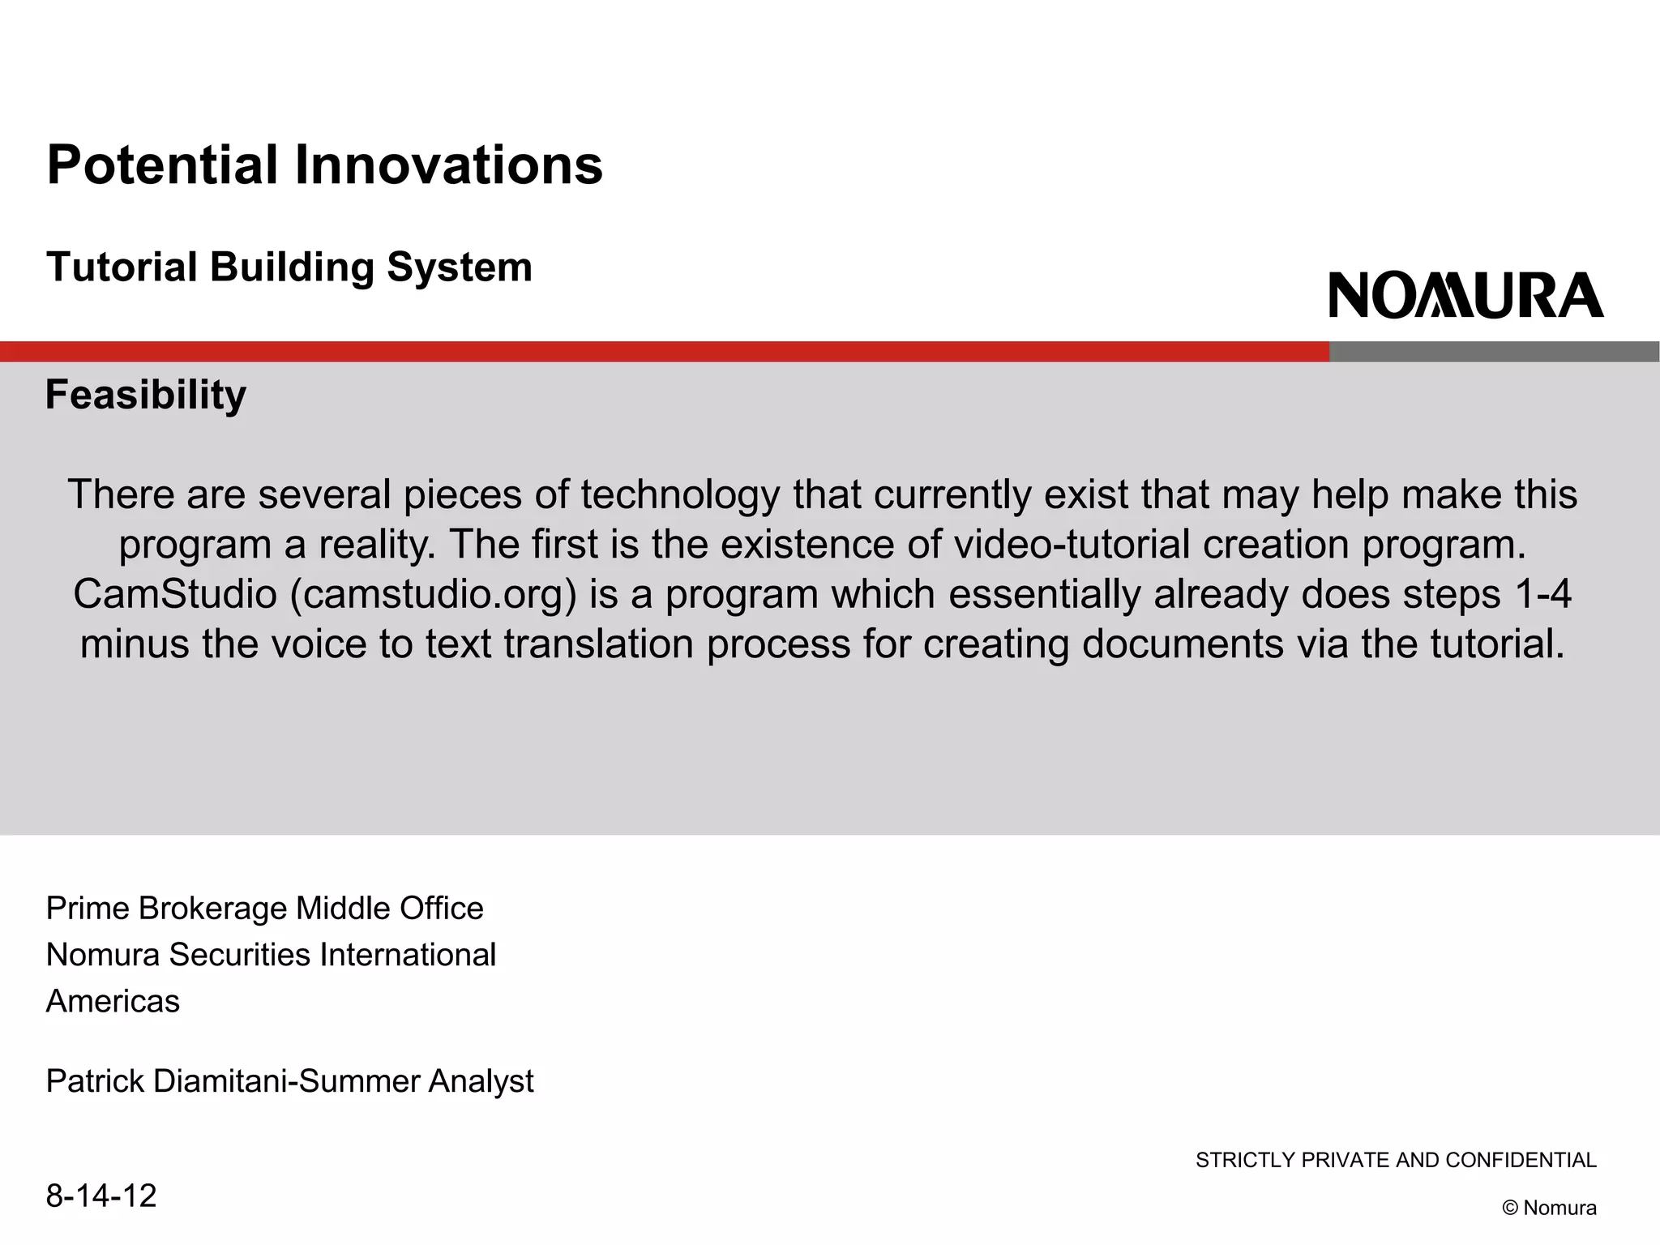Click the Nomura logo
coord(1465,295)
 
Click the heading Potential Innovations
coord(324,165)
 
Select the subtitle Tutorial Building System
coord(289,267)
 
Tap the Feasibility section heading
coord(146,395)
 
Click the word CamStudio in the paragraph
coord(175,594)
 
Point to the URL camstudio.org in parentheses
coord(432,594)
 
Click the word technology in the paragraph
coord(680,494)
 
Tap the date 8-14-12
coord(101,1196)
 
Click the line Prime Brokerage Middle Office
coord(264,909)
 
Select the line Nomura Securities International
coord(271,955)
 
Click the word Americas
coord(113,1002)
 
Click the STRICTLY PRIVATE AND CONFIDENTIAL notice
coord(1396,1160)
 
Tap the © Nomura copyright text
coord(1549,1208)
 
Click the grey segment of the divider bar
coord(1494,352)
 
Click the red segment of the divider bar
coord(665,352)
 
